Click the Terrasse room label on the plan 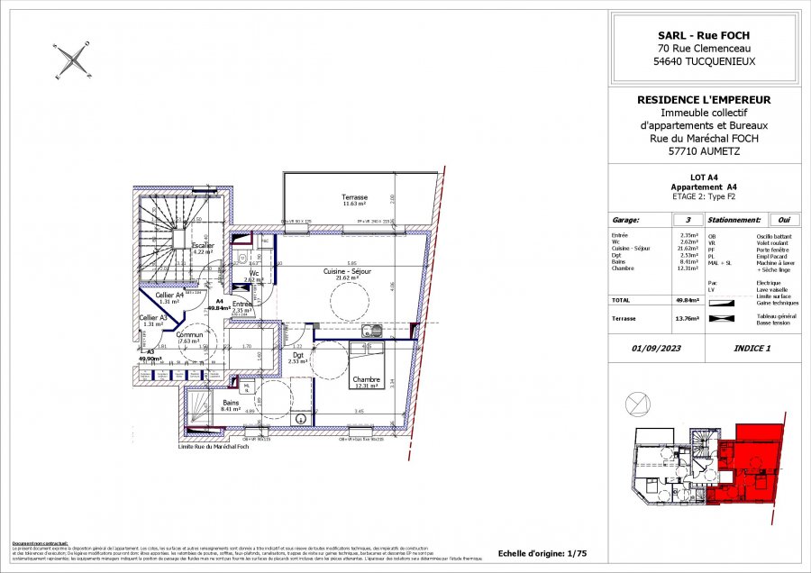(354, 197)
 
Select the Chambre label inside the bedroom (366, 379)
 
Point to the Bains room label (230, 403)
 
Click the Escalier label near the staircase (204, 245)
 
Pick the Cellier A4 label (169, 295)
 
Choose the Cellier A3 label (152, 318)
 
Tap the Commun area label (189, 335)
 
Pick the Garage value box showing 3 (688, 219)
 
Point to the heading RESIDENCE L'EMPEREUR (704, 100)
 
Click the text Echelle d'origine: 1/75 (542, 553)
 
